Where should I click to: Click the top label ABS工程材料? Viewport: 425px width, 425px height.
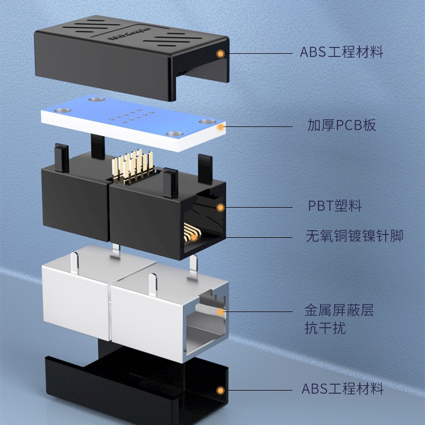(x=341, y=52)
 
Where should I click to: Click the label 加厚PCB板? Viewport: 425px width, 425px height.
(x=342, y=125)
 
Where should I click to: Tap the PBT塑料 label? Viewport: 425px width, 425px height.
(x=335, y=206)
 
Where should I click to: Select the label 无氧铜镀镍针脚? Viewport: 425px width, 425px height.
(x=355, y=236)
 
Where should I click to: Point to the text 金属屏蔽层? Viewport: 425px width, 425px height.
(x=339, y=310)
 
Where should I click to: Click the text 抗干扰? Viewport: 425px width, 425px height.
(x=325, y=328)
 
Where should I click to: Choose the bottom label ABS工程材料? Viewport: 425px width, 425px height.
(x=342, y=388)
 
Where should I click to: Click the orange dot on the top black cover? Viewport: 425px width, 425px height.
(x=221, y=54)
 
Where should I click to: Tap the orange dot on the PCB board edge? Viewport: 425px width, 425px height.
(x=221, y=127)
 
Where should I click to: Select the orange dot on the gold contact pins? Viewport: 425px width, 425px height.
(x=194, y=238)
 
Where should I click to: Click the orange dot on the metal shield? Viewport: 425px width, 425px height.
(x=221, y=312)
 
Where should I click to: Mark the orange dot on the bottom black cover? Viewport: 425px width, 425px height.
(x=221, y=391)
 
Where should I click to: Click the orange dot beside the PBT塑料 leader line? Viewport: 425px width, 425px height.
(x=221, y=208)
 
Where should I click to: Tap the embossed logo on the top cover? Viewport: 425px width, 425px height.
(x=129, y=33)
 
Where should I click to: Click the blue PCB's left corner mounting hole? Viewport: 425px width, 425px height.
(x=62, y=110)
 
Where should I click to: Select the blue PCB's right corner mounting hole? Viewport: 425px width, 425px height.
(x=208, y=122)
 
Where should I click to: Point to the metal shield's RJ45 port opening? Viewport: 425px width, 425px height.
(x=206, y=323)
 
